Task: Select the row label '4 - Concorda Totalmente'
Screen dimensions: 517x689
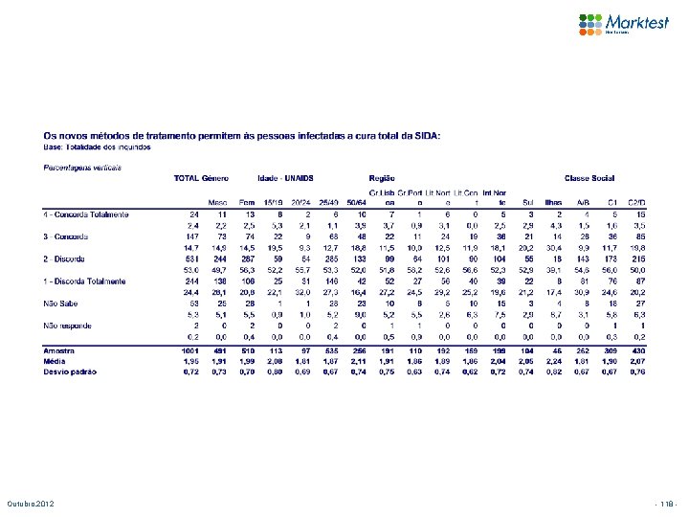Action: pyautogui.click(x=85, y=214)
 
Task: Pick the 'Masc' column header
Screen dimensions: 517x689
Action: pyautogui.click(x=217, y=202)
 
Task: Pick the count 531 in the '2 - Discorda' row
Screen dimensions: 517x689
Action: pyautogui.click(x=190, y=258)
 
